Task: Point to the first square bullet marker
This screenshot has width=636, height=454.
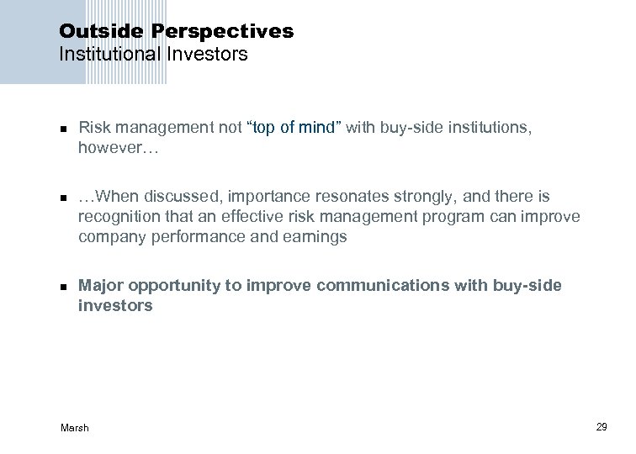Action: tap(62, 129)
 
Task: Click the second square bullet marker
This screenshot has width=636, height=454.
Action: tap(62, 198)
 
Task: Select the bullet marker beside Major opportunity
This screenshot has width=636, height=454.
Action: tap(62, 287)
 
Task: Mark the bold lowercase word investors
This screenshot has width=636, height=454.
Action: tap(115, 306)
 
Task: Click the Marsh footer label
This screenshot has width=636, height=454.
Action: tap(75, 428)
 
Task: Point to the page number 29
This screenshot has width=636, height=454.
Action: tap(602, 428)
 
